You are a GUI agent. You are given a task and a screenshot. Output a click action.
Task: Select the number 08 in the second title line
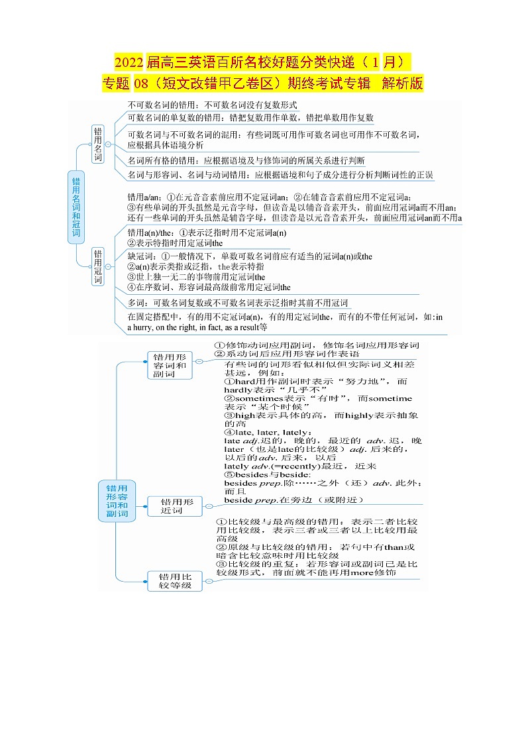(141, 84)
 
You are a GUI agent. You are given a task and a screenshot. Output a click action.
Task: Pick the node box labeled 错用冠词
(98, 266)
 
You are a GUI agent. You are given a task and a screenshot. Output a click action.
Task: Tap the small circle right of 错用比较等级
(209, 581)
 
